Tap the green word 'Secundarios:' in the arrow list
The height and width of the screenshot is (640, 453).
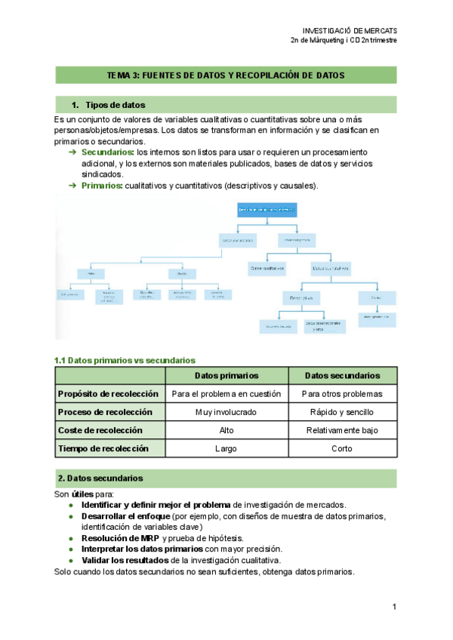pyautogui.click(x=107, y=152)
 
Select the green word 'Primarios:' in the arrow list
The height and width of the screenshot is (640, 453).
pyautogui.click(x=101, y=186)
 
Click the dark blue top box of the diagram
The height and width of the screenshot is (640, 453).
pyautogui.click(x=267, y=208)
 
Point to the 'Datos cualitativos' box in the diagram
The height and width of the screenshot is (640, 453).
pyautogui.click(x=268, y=267)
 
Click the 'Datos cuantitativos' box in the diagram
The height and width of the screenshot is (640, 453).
pyautogui.click(x=331, y=267)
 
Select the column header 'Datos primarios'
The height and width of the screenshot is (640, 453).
pyautogui.click(x=226, y=376)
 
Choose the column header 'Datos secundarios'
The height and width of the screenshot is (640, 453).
pyautogui.click(x=341, y=376)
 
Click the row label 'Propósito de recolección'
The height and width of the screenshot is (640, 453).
pyautogui.click(x=108, y=394)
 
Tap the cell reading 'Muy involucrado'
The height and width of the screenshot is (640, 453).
pyautogui.click(x=226, y=412)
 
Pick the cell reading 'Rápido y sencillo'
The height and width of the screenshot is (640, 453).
pyautogui.click(x=341, y=412)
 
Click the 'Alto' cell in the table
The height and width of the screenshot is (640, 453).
pyautogui.click(x=226, y=430)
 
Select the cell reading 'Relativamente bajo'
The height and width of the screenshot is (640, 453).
pyautogui.click(x=341, y=430)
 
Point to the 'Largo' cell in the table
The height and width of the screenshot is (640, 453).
pyautogui.click(x=226, y=448)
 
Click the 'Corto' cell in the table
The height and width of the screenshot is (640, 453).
pyautogui.click(x=341, y=448)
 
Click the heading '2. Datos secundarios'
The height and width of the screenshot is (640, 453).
pyautogui.click(x=100, y=478)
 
